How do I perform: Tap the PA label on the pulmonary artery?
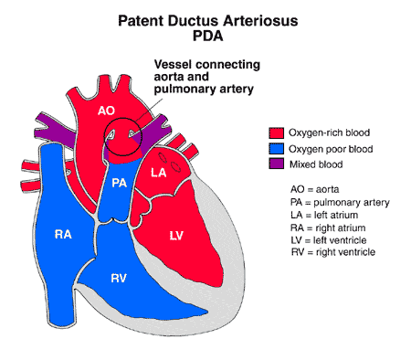(x=119, y=183)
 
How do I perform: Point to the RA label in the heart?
(x=63, y=235)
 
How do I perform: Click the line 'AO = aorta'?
(x=315, y=188)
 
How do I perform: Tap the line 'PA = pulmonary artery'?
(x=333, y=201)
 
